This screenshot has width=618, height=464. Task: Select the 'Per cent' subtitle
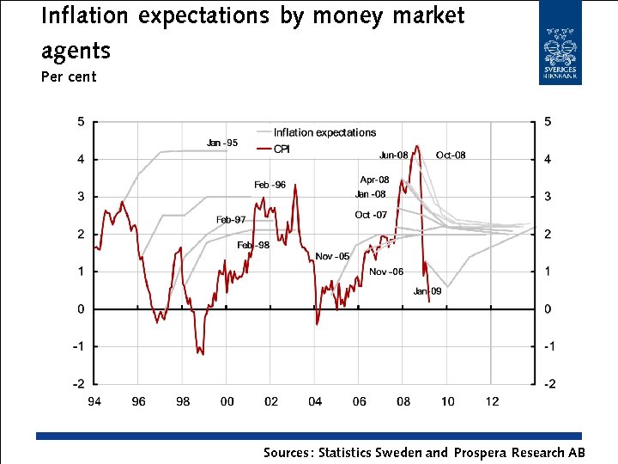coord(69,76)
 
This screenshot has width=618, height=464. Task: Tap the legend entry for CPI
coord(284,150)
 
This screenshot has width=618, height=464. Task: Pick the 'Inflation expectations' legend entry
coord(324,132)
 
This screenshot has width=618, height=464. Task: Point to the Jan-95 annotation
coord(222,142)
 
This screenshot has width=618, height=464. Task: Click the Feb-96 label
coord(270,185)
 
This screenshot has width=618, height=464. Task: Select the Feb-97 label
coord(231,219)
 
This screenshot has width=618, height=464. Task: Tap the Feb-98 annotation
coord(253,245)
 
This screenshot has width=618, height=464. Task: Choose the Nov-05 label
coord(332,256)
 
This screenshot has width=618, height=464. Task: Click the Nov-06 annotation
coord(385,272)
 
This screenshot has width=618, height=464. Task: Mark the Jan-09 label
coord(427,291)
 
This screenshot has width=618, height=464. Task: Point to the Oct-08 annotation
coord(451,155)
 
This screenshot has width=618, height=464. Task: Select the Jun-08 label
coord(394,155)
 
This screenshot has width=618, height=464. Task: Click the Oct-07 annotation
coord(371,215)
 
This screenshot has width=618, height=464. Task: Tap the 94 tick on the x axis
coord(94,401)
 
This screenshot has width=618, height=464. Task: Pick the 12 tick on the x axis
coord(491,401)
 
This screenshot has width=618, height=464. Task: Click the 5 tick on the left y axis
coord(80,122)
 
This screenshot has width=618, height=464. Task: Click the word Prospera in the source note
coord(478,452)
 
